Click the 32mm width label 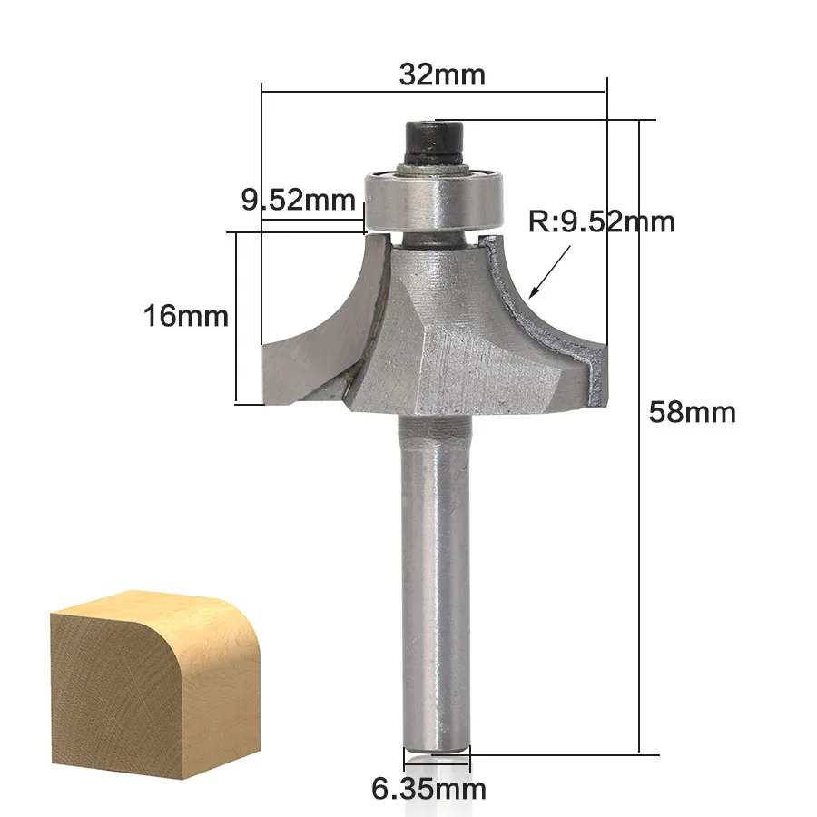[442, 74]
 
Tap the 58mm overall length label [692, 412]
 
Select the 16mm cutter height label [186, 316]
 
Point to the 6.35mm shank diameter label [428, 789]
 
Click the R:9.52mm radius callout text [602, 221]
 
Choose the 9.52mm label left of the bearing [298, 200]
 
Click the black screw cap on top [434, 142]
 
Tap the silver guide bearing [435, 200]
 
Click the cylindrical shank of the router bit [436, 584]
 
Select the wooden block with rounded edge [155, 684]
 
